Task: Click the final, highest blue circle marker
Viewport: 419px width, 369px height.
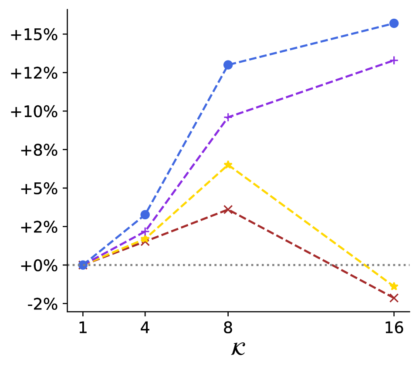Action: tap(394, 23)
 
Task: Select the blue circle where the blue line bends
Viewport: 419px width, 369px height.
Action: tap(228, 65)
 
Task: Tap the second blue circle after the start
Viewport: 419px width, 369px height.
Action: tap(145, 215)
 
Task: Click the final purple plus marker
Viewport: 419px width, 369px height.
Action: tap(394, 60)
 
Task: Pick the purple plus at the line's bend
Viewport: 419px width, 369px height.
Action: tap(228, 117)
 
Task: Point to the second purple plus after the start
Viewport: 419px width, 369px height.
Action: tap(145, 231)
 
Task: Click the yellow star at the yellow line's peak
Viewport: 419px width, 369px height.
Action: tap(228, 164)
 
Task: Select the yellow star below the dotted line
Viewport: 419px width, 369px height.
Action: tap(394, 286)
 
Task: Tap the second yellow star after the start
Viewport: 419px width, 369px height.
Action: tap(145, 238)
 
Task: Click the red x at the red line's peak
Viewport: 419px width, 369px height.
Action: tap(228, 209)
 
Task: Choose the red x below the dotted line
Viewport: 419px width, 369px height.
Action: tap(394, 298)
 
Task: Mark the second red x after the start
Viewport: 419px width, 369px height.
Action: tap(145, 242)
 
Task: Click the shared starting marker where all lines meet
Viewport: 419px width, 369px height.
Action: tap(83, 265)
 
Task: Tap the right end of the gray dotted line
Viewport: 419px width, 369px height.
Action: tap(409, 265)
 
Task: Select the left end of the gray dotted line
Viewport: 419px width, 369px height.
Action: tap(69, 265)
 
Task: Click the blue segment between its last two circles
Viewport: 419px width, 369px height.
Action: tap(311, 44)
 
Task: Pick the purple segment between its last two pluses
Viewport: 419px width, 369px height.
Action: tap(311, 88)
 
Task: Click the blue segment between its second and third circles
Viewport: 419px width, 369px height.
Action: tap(186, 140)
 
